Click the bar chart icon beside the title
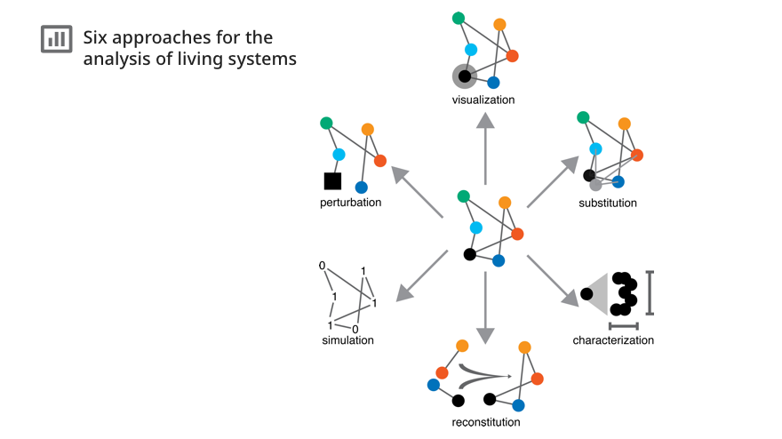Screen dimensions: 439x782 [56, 39]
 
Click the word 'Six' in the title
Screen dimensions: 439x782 [97, 37]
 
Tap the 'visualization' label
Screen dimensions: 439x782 [483, 100]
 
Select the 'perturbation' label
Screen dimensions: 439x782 [350, 203]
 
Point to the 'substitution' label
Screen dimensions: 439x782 [608, 203]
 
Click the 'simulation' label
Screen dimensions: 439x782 [347, 340]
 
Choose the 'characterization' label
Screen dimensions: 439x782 [613, 340]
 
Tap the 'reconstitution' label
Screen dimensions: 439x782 [486, 422]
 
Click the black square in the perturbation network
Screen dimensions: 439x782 [332, 181]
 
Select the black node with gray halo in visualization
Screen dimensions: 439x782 [465, 76]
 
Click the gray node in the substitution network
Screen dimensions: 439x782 [595, 185]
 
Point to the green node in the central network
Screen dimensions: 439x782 [463, 196]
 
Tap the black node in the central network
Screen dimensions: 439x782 [469, 254]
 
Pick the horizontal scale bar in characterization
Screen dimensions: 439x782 [623, 325]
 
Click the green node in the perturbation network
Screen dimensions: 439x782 [326, 123]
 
